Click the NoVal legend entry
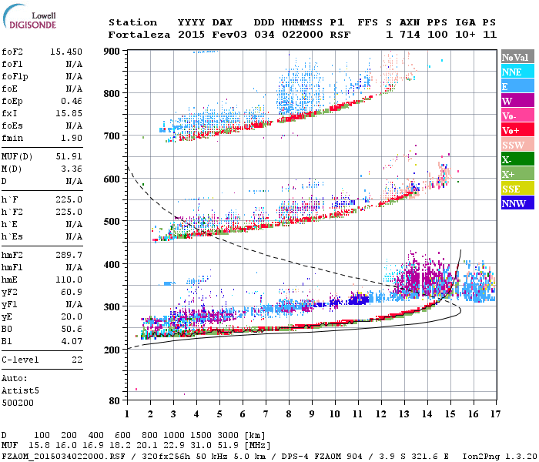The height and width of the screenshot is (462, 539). coord(517,57)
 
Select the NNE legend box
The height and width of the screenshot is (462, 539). coord(517,72)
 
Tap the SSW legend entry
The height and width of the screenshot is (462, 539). coord(517,145)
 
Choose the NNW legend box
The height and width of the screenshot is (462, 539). coord(517,203)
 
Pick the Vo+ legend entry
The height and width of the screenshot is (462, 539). coord(517,130)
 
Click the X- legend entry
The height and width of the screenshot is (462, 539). coord(517,159)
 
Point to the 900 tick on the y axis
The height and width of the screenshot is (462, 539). coord(112,51)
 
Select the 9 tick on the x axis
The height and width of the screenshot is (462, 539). coord(312,415)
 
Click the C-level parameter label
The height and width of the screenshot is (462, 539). coord(20,360)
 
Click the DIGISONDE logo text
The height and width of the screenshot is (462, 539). coord(30,24)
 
